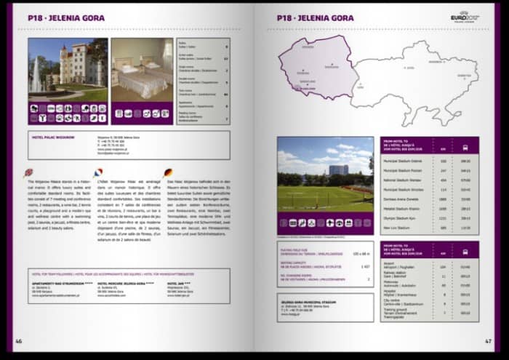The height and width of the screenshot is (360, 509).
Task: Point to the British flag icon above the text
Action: (28, 172)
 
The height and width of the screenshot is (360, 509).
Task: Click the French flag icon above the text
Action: (101, 172)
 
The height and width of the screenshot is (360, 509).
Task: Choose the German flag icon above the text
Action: (169, 172)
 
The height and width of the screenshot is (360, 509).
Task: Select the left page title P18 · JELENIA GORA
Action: (66, 17)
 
